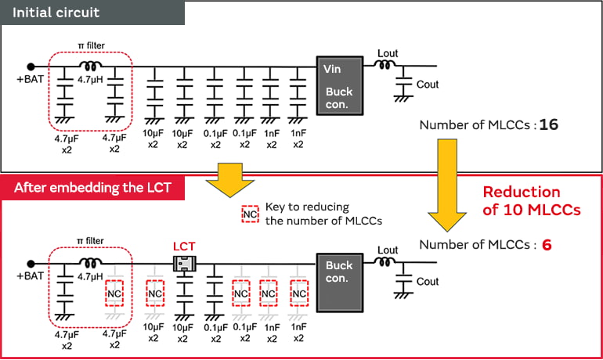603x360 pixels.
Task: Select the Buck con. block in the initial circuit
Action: [339, 87]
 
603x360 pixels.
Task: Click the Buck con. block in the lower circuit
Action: [339, 272]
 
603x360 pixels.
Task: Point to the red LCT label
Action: [183, 246]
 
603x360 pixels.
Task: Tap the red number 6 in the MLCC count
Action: [547, 245]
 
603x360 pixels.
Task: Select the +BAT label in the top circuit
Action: [31, 80]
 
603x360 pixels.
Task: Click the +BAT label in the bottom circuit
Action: [31, 276]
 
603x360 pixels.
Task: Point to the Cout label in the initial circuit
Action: [428, 85]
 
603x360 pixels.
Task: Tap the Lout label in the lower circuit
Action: [388, 250]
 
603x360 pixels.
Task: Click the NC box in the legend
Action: [250, 213]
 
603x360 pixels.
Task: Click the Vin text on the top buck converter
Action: [332, 70]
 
